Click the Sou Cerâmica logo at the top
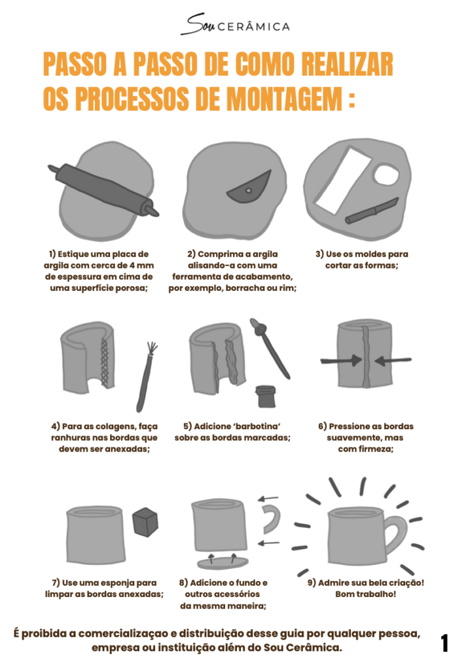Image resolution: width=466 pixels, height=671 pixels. [235, 24]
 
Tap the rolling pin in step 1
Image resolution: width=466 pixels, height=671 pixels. [103, 189]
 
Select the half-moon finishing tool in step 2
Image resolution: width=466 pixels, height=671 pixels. [249, 187]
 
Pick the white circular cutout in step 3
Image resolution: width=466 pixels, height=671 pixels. [385, 174]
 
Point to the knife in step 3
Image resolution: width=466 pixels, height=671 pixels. [372, 210]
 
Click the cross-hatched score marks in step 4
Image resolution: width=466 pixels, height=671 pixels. [105, 362]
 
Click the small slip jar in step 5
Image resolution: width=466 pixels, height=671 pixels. [266, 396]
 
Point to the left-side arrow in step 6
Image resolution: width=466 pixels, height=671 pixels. [341, 360]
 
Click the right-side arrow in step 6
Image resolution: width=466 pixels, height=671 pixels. [393, 361]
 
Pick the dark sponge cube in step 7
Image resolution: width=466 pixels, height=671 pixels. [145, 522]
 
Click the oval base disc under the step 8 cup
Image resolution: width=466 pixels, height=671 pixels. [223, 563]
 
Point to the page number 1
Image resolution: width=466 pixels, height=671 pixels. [444, 643]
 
